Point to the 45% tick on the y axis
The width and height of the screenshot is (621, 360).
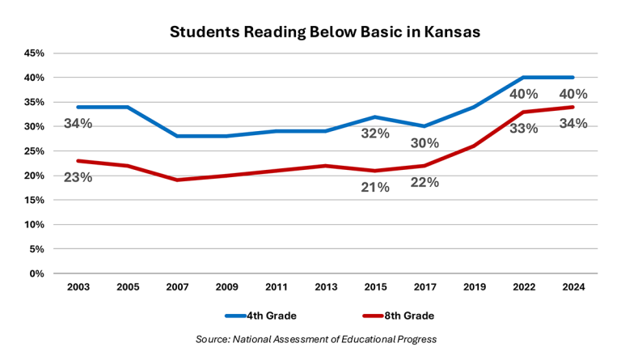[x=34, y=53]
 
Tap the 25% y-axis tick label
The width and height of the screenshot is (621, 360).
[x=34, y=151]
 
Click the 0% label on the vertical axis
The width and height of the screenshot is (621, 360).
[x=37, y=273]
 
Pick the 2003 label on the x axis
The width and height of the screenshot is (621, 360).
[x=78, y=286]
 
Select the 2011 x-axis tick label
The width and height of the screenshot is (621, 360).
[x=276, y=286]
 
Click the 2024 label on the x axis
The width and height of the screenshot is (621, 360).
[x=573, y=286]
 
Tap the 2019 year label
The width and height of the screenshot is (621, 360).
[x=475, y=286]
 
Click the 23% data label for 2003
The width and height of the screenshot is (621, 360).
[x=78, y=176]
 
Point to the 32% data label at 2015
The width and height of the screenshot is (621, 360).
[x=375, y=133]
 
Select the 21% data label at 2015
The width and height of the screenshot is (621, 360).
[x=375, y=187]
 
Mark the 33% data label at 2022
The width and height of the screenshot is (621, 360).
[x=524, y=128]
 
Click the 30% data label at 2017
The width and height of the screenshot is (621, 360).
[x=425, y=143]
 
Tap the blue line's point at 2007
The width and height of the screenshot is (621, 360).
[x=176, y=136]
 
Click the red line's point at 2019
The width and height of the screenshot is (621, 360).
[x=475, y=146]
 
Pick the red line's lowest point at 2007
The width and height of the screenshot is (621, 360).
[x=176, y=180]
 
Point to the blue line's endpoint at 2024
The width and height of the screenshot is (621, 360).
[x=573, y=78]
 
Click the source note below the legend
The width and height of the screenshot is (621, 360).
[x=316, y=338]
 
